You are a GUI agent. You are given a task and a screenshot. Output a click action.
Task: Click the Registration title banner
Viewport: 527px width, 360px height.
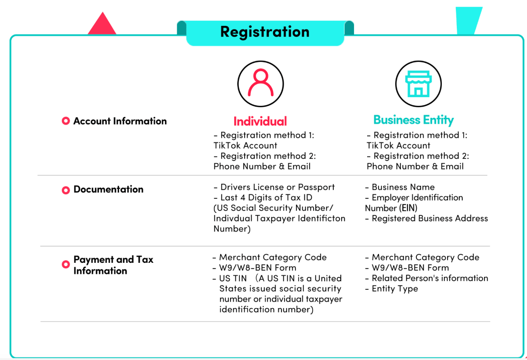[265, 32]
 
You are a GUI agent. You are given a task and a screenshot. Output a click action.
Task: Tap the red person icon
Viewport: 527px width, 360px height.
[260, 84]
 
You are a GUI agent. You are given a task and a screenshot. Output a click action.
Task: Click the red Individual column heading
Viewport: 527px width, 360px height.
[260, 121]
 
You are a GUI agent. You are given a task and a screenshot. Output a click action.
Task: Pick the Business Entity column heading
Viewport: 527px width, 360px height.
[413, 120]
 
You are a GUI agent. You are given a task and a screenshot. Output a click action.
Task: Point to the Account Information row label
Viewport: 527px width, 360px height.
[120, 121]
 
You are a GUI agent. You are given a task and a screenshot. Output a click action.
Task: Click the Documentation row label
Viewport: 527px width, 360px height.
[108, 189]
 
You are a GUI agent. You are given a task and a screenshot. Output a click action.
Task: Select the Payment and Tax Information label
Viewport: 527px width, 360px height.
[113, 265]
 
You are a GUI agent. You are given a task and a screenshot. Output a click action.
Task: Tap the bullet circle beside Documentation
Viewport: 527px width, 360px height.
[66, 190]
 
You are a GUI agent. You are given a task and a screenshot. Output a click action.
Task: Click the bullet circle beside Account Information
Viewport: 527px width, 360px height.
[66, 121]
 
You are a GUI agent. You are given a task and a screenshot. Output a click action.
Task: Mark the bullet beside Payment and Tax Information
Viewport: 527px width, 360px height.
[66, 265]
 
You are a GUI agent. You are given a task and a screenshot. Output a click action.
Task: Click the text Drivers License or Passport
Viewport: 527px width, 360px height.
[278, 187]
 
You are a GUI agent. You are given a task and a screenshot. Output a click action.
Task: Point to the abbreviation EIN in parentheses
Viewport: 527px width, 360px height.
[408, 208]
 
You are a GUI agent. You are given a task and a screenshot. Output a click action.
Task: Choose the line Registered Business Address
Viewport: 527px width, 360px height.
[430, 218]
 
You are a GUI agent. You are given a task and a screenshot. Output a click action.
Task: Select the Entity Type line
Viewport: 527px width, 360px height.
[394, 289]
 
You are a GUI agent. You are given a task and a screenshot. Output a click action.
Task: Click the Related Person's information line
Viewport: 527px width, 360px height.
[430, 278]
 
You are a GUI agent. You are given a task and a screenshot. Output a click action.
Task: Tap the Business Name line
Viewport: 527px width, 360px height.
[403, 187]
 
